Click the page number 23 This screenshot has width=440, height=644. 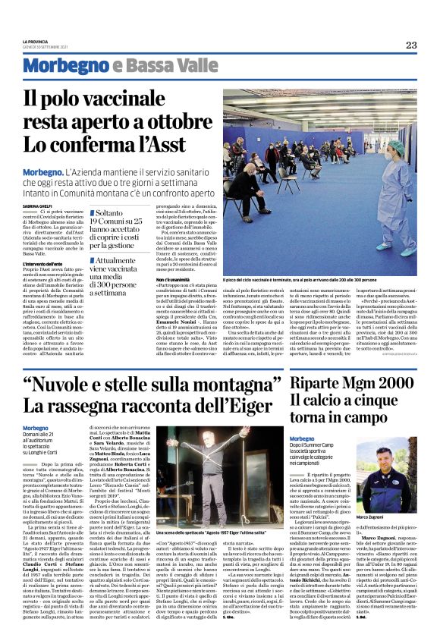pos(411,45)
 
